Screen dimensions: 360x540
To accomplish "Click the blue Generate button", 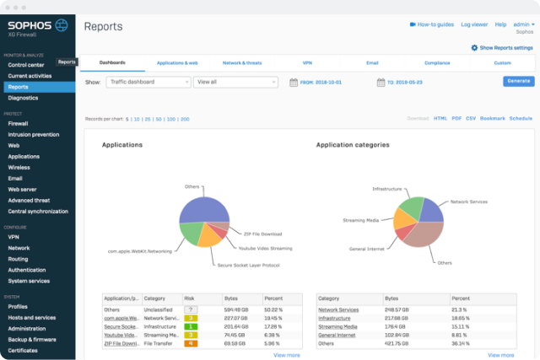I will coord(518,82).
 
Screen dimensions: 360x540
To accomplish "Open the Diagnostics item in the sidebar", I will coord(23,98).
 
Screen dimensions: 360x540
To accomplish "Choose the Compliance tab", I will coord(437,63).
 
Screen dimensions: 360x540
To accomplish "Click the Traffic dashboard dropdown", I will coord(148,83).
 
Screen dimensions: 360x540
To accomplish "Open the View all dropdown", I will coord(235,83).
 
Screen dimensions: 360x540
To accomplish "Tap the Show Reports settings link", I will coord(502,48).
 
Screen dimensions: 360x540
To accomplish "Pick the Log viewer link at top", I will coord(475,25).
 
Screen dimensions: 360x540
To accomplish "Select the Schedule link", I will coord(521,119).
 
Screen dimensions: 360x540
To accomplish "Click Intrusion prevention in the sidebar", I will coord(33,134).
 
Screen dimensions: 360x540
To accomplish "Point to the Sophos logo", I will coord(38,25).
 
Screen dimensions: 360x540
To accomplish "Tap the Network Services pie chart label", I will coord(470,201).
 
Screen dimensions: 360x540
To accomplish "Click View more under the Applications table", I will coord(287,355).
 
